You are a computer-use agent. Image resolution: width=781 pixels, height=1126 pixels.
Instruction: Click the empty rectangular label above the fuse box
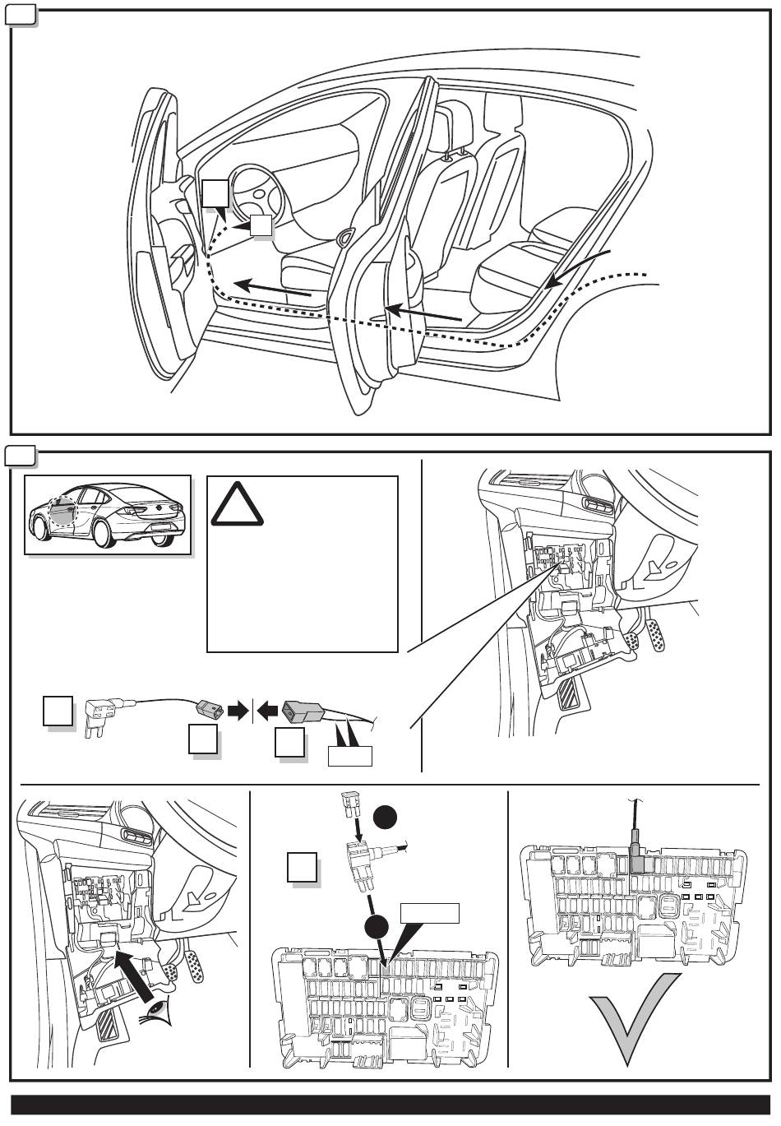pos(428,913)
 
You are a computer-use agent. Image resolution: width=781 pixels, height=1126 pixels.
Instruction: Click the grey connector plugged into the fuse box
pos(636,860)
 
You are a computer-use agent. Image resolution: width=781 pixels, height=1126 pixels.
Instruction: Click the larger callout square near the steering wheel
pos(215,194)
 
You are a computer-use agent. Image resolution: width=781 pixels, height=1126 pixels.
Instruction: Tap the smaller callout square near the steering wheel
pos(261,226)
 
